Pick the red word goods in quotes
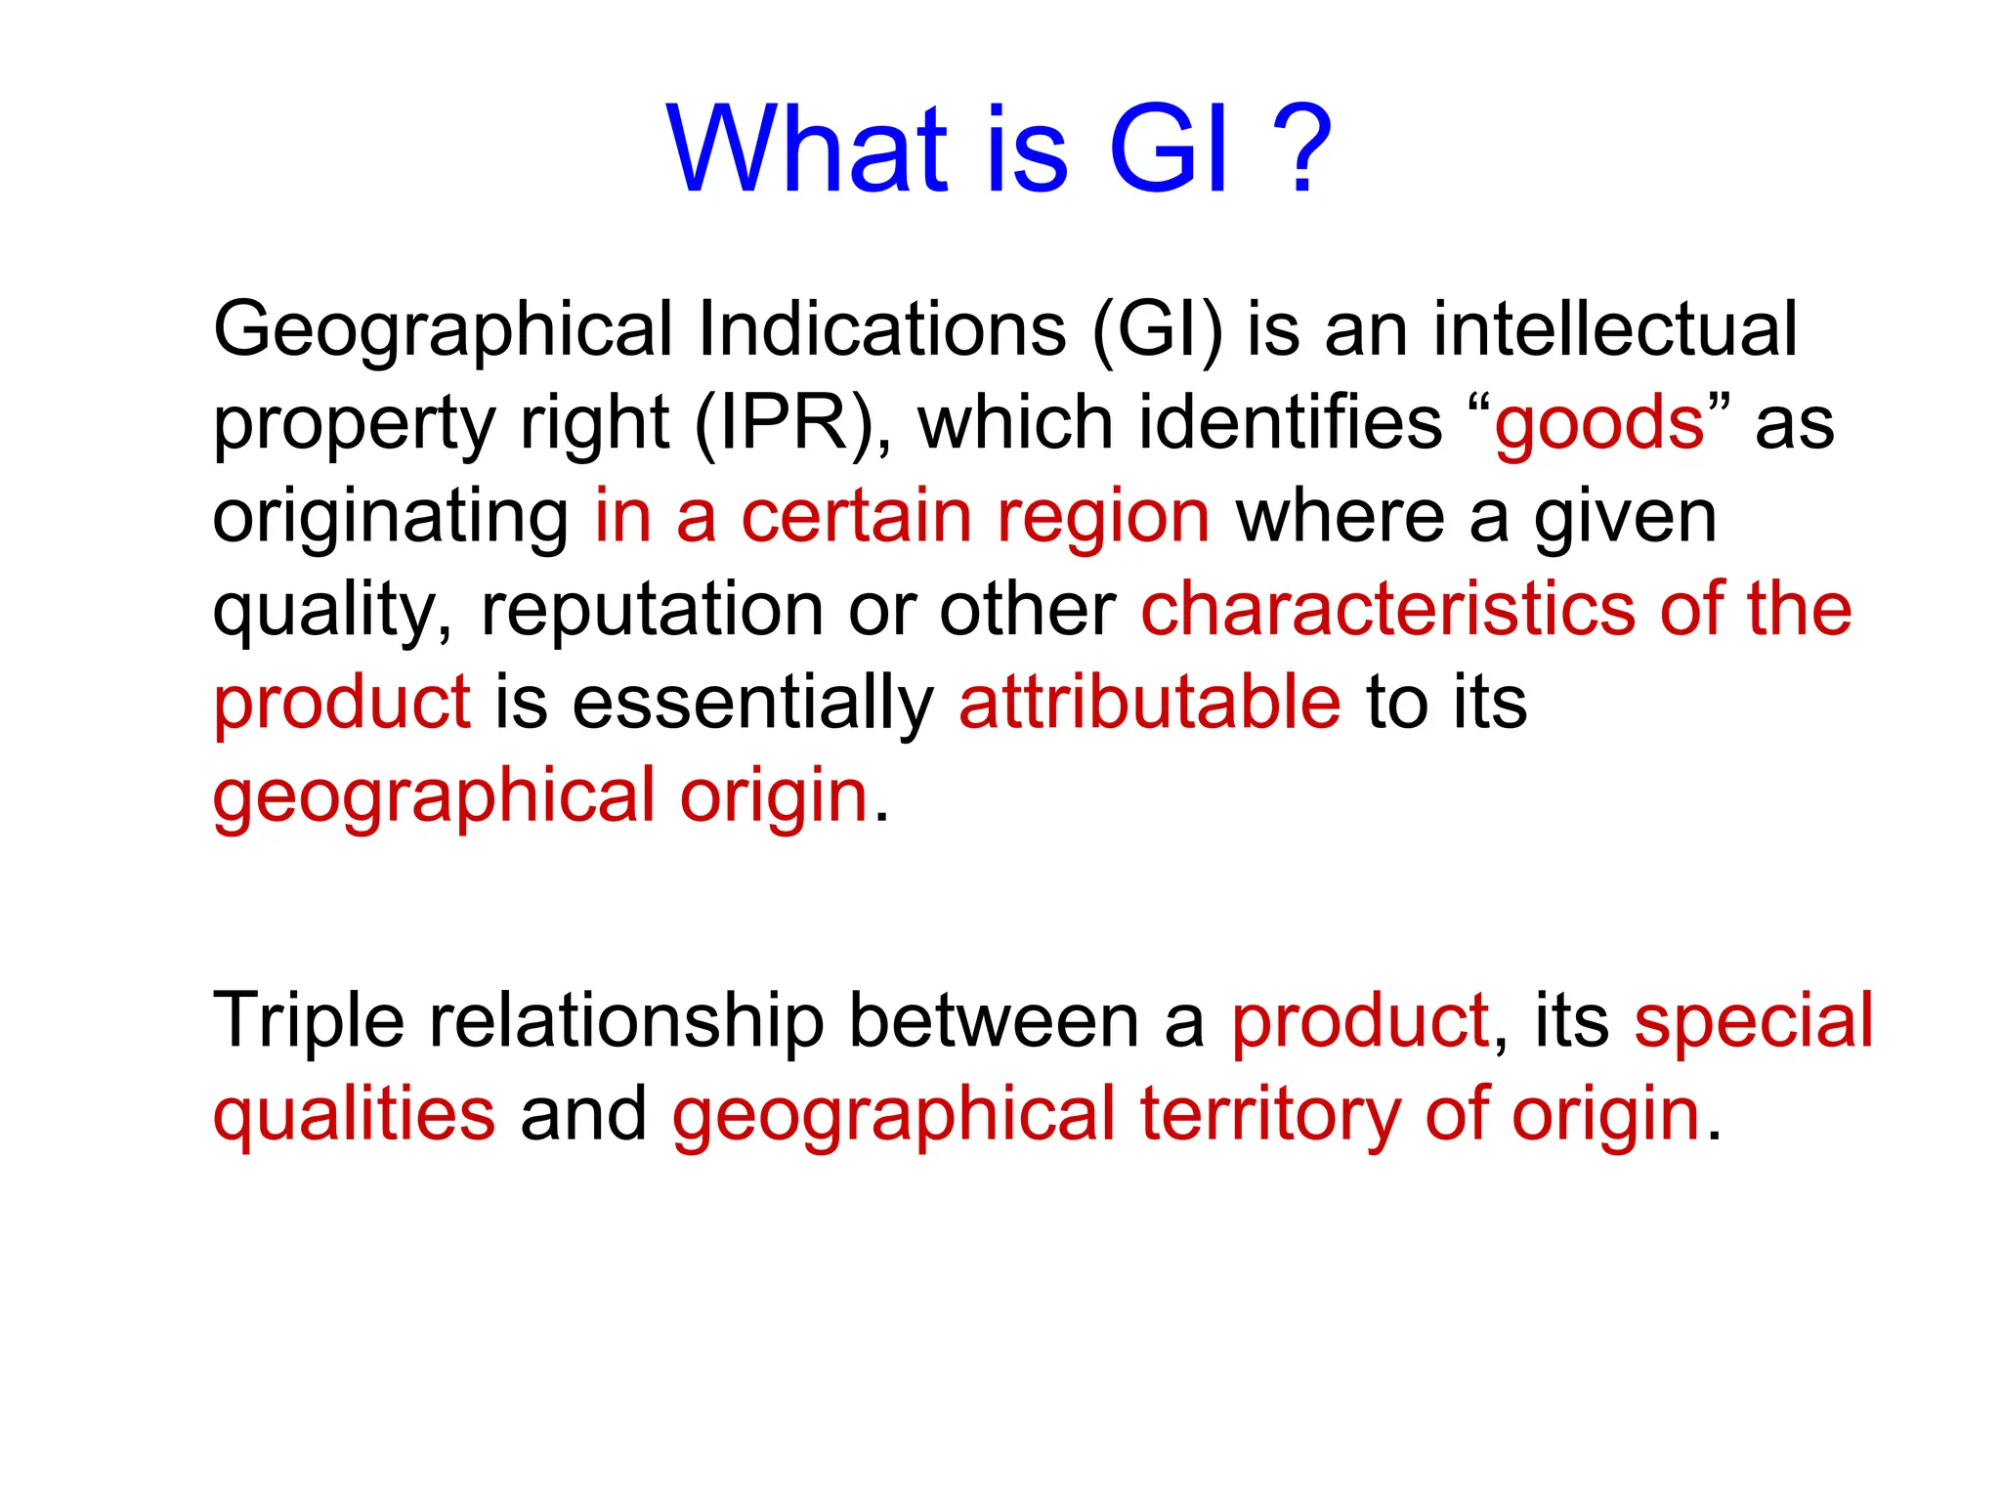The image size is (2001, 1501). (1599, 423)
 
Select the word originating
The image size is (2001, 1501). (391, 517)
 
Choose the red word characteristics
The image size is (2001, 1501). (1388, 610)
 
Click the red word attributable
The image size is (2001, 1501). (1149, 703)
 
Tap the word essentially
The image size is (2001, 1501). (753, 703)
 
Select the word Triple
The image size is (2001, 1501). (308, 1022)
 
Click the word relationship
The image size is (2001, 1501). (626, 1022)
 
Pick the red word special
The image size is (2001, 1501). (1754, 1022)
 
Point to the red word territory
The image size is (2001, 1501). (1270, 1115)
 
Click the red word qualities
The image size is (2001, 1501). (354, 1115)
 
